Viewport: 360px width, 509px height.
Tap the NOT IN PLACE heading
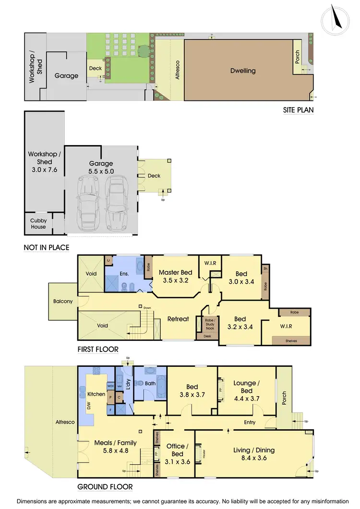click(46, 248)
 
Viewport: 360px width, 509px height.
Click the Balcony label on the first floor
click(63, 302)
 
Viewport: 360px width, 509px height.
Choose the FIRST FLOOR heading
click(98, 350)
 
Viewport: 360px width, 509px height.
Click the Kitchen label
click(96, 394)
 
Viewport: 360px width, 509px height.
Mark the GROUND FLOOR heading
click(105, 487)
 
